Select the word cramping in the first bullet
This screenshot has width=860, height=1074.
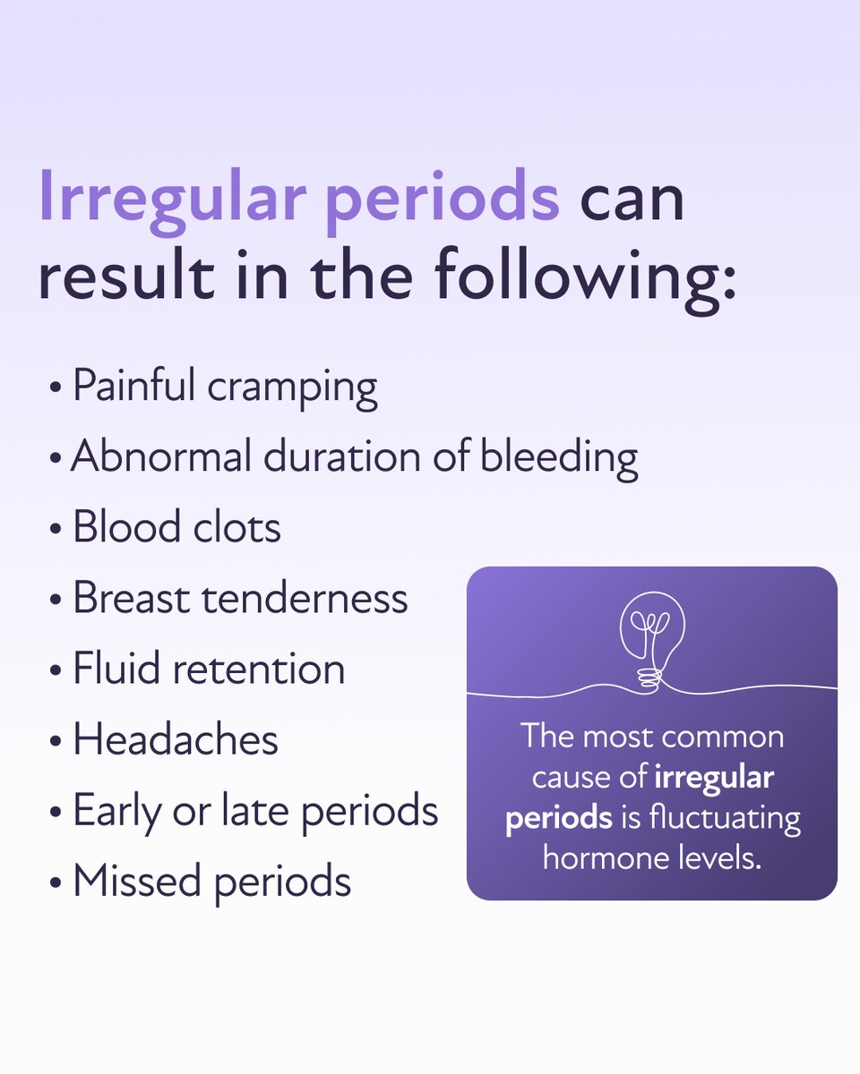(x=292, y=390)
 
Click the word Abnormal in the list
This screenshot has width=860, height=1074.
(x=160, y=456)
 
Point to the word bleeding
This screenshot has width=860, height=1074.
(x=559, y=458)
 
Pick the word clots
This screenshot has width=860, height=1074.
(x=236, y=527)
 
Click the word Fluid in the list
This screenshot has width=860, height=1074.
(x=116, y=668)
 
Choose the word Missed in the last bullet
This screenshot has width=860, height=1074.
(x=137, y=880)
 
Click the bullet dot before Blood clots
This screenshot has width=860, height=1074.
(x=56, y=529)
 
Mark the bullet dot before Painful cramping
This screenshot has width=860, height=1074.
(x=56, y=387)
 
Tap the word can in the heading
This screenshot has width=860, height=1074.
(x=632, y=200)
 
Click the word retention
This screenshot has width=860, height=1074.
(x=259, y=669)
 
